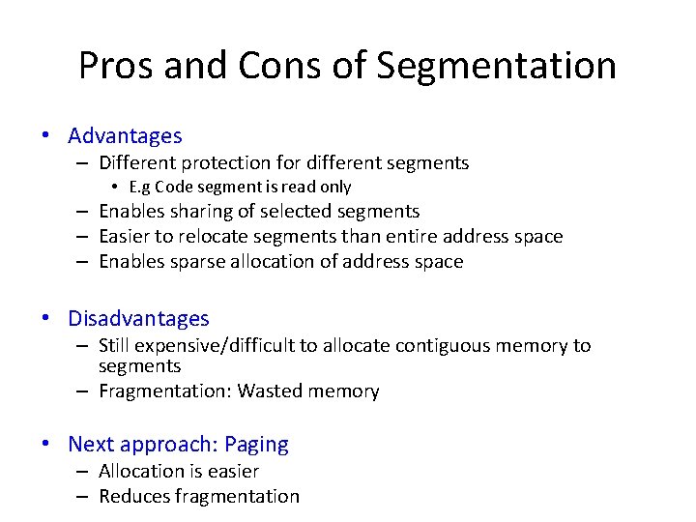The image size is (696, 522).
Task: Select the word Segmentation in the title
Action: [x=496, y=66]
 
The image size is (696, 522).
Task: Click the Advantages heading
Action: [x=125, y=136]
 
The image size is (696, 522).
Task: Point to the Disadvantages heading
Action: [x=138, y=318]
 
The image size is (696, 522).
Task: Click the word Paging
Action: [x=256, y=444]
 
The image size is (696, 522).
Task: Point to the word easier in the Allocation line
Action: [x=233, y=471]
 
